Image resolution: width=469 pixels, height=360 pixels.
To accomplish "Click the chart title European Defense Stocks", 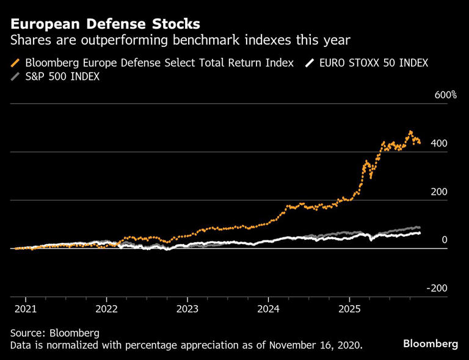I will [105, 24].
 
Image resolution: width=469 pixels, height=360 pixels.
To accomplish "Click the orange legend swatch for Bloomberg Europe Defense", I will [15, 63].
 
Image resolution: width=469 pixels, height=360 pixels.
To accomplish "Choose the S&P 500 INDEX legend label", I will [62, 77].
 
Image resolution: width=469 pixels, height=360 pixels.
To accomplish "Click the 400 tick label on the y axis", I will [439, 143].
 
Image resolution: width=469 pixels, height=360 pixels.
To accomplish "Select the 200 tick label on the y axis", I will [439, 192].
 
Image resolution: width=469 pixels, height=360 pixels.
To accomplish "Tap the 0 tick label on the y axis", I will [445, 240].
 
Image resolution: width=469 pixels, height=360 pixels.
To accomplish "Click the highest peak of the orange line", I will [410, 132].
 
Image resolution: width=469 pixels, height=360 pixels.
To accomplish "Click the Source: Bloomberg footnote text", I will [54, 333].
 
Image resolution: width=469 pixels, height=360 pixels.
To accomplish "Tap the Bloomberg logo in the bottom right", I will [430, 344].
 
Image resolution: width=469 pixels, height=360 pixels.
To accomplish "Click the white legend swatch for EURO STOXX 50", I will [311, 63].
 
